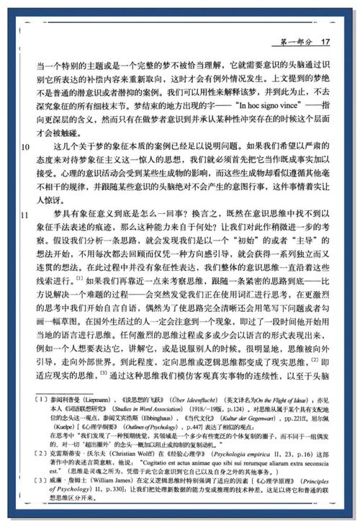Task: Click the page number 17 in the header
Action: (x=325, y=42)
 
